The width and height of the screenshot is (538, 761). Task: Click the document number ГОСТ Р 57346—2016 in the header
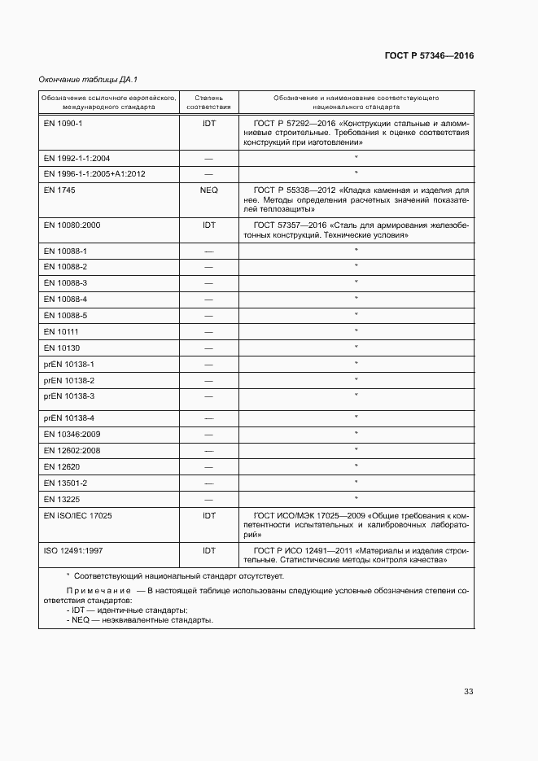429,56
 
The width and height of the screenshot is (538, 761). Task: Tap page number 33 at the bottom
468,692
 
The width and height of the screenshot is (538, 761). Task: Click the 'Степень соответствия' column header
208,102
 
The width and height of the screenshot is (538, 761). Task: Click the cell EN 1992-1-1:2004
77,158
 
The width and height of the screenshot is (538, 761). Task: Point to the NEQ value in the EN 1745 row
208,190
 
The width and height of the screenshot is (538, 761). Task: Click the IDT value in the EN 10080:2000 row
208,225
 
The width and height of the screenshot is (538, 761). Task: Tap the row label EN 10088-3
65,282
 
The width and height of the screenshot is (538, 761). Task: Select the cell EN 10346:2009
72,434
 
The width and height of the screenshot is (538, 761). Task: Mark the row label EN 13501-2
65,483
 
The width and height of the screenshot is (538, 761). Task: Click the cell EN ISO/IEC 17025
78,515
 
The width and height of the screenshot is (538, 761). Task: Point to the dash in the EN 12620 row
208,466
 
